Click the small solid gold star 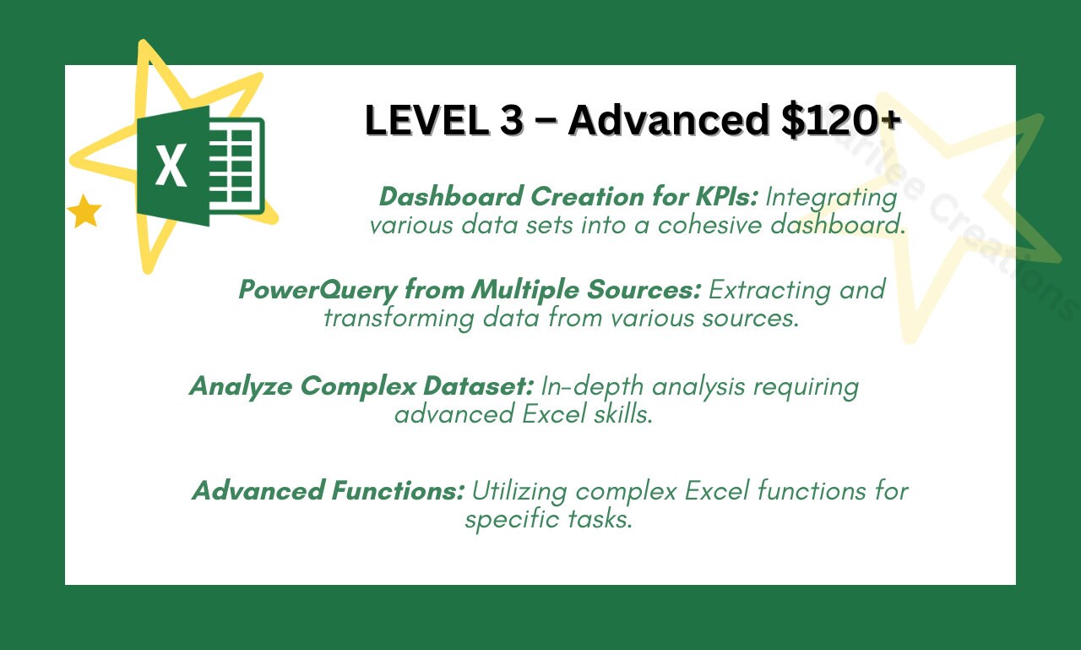(x=84, y=212)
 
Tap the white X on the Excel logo (x=171, y=166)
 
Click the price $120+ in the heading (x=835, y=121)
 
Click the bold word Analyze (x=241, y=386)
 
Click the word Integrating (x=831, y=197)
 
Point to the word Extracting (x=772, y=290)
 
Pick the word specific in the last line (x=510, y=518)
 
